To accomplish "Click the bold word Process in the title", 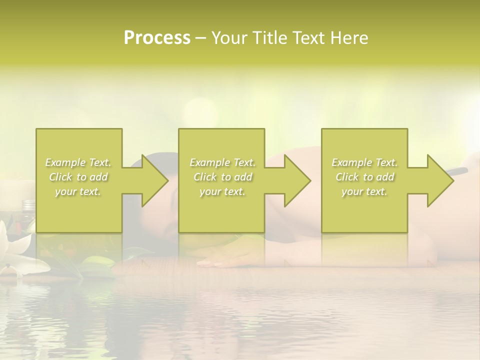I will [x=157, y=38].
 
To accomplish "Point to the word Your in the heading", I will [x=229, y=38].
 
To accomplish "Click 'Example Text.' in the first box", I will [x=78, y=162].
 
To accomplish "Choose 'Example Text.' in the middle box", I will [x=222, y=162].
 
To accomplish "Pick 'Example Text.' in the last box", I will [x=364, y=162].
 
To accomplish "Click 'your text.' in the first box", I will [x=78, y=191].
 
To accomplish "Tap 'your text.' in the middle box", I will [x=222, y=191].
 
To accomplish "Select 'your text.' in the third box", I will [x=364, y=191].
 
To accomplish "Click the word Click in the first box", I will [x=60, y=177].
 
